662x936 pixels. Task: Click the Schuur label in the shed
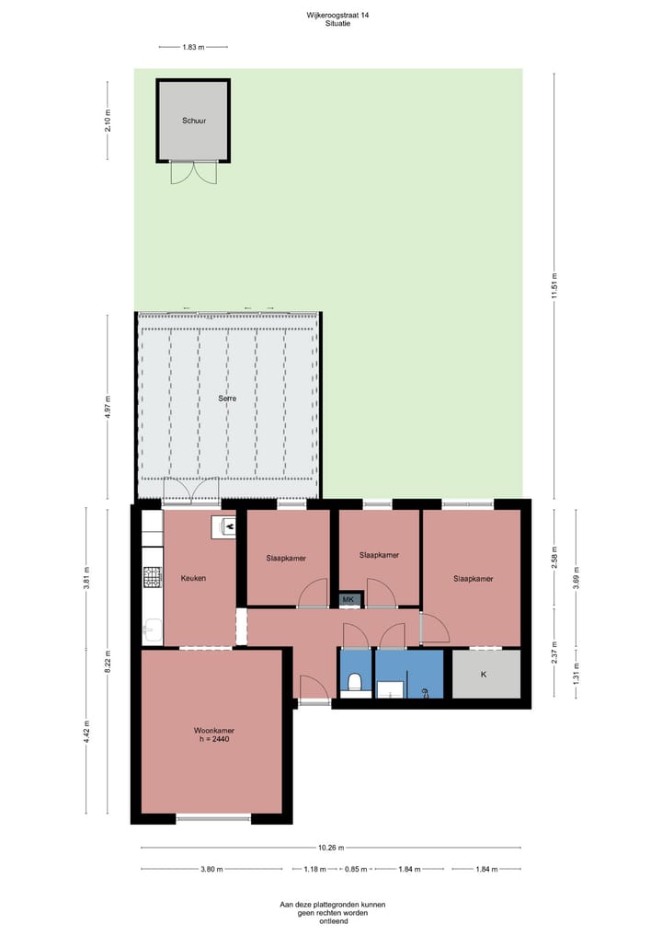pos(192,121)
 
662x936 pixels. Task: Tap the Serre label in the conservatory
pos(227,399)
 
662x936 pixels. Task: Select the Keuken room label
pos(193,579)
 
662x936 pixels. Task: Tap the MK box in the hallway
pos(348,600)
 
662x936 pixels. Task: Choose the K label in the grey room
pos(484,674)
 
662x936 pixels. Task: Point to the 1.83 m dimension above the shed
pos(192,46)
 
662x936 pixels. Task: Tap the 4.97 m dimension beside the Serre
pos(108,405)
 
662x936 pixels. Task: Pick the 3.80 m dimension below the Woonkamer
pos(211,869)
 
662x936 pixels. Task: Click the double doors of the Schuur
pos(193,172)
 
